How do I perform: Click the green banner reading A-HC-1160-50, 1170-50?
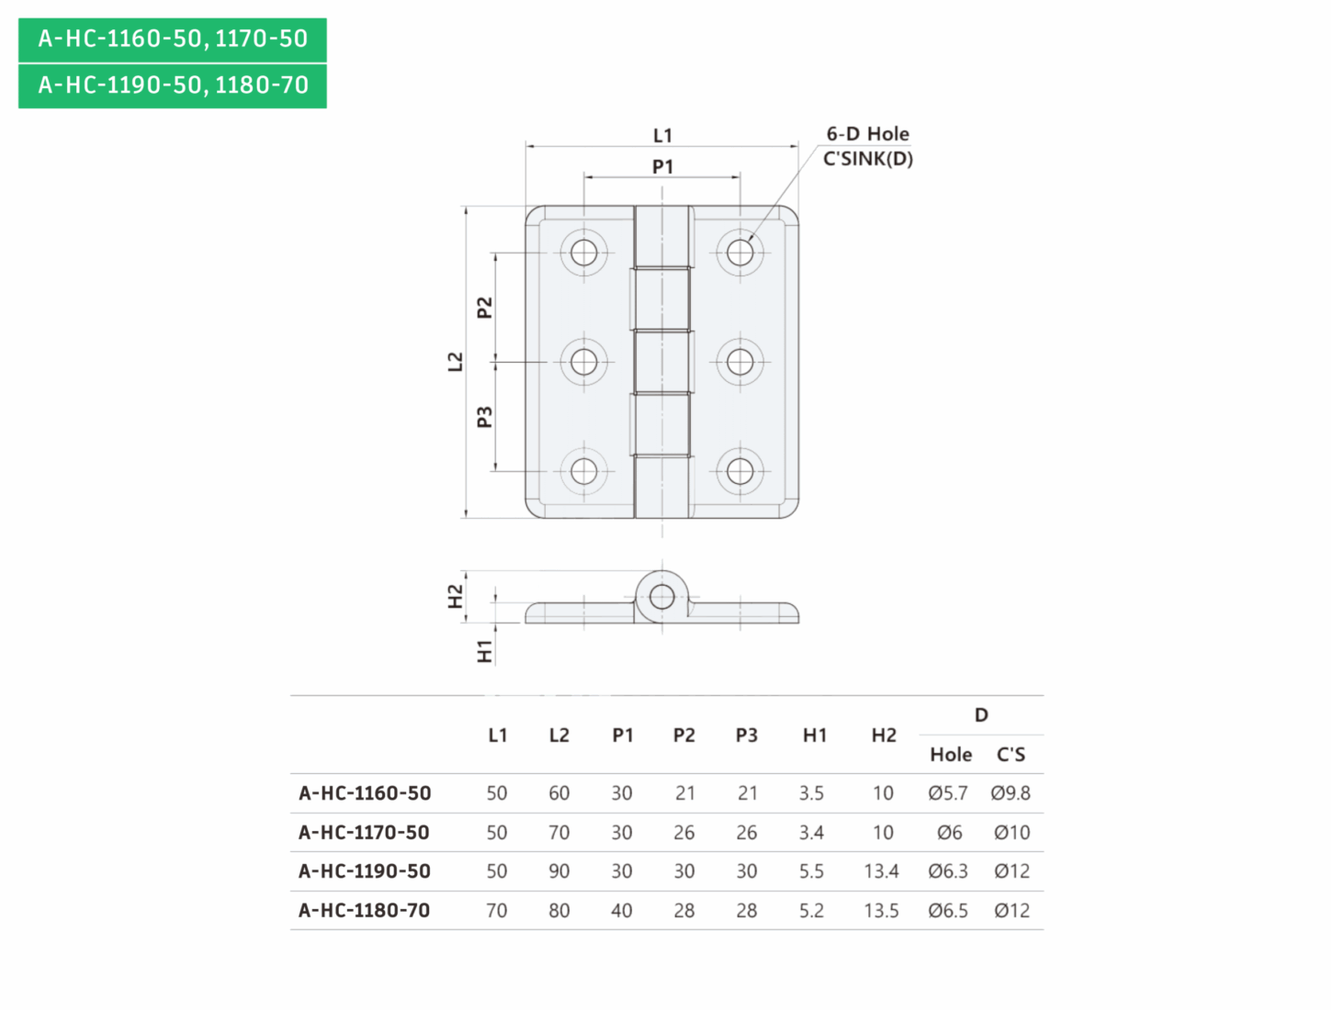[173, 39]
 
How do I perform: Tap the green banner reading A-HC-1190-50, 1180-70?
[173, 85]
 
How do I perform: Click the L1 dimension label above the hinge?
[662, 135]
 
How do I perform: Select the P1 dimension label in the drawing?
[662, 166]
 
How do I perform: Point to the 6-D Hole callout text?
[868, 133]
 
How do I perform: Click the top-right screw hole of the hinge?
[739, 252]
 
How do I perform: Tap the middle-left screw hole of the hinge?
[583, 362]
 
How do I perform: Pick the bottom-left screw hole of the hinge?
[583, 471]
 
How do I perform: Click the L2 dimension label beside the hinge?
[455, 362]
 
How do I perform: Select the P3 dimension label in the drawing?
[484, 417]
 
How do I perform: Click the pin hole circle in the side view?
[662, 597]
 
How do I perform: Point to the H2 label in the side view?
[455, 596]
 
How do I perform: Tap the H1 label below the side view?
[484, 652]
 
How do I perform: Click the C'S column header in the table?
[1010, 755]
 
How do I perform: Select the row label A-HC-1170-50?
[364, 832]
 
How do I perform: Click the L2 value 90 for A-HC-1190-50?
[559, 871]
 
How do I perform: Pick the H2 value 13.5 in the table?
[881, 911]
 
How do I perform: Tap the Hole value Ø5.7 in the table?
[948, 792]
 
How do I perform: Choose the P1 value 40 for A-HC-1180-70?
[621, 911]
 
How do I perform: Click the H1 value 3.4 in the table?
[811, 832]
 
